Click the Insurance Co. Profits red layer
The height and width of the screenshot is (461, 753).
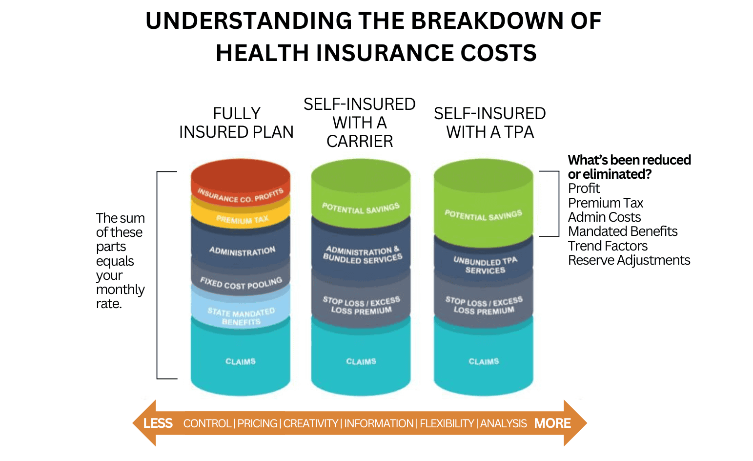(x=240, y=195)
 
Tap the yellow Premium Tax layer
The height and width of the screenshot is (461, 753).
(x=242, y=219)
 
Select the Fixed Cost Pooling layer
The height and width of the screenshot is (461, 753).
(x=241, y=283)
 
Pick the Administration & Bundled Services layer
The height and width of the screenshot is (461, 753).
(x=362, y=254)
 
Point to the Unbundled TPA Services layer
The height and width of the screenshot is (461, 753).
(x=485, y=265)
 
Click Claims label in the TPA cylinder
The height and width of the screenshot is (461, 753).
(x=484, y=361)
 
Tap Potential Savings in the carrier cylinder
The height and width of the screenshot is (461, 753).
(x=361, y=208)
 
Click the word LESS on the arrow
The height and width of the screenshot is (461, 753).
(x=158, y=423)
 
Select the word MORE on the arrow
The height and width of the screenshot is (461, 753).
(x=552, y=423)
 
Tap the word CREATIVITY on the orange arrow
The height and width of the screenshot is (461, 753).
(x=310, y=423)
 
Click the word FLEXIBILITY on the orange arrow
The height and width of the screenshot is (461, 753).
(x=447, y=423)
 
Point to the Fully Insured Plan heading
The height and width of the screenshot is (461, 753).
(x=236, y=123)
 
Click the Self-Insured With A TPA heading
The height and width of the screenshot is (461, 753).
(x=489, y=123)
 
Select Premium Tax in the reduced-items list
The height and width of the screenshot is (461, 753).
(x=605, y=203)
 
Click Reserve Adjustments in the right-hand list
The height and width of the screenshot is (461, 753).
(x=629, y=260)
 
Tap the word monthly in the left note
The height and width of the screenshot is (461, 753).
(x=120, y=290)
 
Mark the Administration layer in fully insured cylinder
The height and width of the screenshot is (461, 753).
(x=242, y=251)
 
